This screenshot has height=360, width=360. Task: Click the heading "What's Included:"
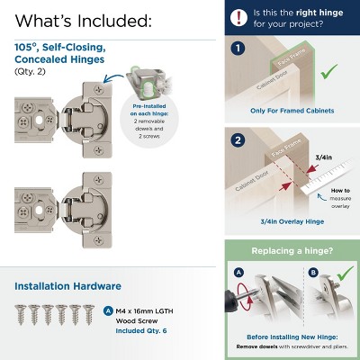pos(83,20)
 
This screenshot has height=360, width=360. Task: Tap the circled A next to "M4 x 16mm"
pos(109,310)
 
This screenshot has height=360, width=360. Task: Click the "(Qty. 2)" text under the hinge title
pos(31,70)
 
